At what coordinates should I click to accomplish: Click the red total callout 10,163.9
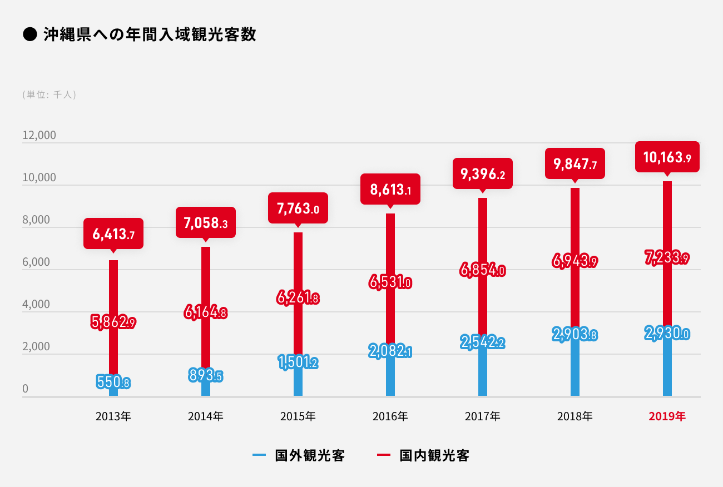tap(667, 157)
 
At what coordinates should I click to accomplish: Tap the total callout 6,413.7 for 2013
tap(113, 234)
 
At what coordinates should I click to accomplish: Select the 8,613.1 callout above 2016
tap(390, 190)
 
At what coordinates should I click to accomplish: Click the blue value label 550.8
tap(113, 382)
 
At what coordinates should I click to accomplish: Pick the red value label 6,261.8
tap(298, 298)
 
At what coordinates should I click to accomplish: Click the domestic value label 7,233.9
tap(667, 258)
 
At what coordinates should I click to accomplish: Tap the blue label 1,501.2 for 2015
tap(298, 362)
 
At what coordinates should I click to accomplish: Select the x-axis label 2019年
tap(667, 416)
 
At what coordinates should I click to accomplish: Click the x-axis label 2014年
tap(206, 416)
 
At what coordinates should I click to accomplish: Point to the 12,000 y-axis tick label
tap(39, 136)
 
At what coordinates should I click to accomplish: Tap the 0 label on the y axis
tap(25, 389)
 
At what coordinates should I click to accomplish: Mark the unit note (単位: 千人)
tap(49, 95)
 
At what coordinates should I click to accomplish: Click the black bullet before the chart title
tap(29, 35)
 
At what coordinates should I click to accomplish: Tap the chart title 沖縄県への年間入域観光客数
tap(150, 34)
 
